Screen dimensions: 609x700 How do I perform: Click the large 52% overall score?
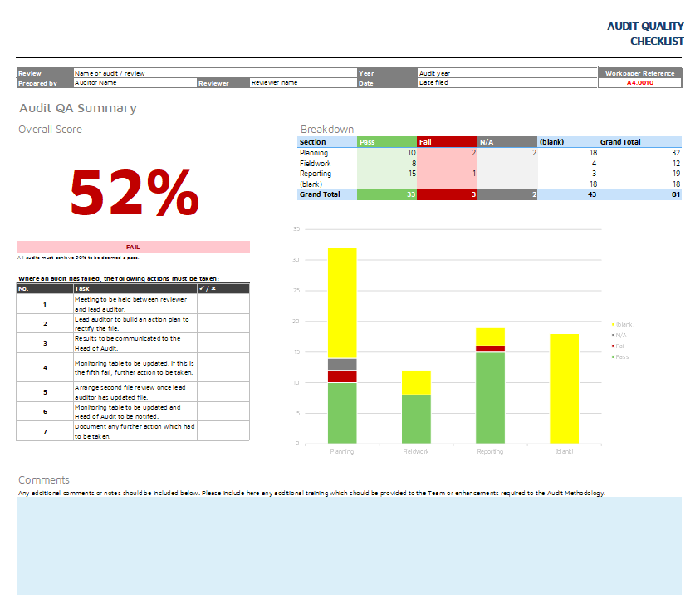pyautogui.click(x=134, y=193)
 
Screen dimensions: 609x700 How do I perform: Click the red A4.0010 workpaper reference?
pyautogui.click(x=639, y=83)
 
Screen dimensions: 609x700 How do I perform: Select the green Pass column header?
pyautogui.click(x=386, y=142)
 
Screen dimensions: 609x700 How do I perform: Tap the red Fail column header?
pyautogui.click(x=447, y=142)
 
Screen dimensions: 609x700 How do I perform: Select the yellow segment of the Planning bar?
pyautogui.click(x=342, y=303)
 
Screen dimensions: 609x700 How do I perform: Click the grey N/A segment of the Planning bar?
pyautogui.click(x=342, y=364)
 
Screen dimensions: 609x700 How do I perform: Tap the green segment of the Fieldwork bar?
pyautogui.click(x=416, y=419)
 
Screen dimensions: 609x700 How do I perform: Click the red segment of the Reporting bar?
pyautogui.click(x=490, y=349)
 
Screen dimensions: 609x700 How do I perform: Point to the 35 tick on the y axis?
pyautogui.click(x=296, y=228)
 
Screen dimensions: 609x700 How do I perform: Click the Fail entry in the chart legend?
pyautogui.click(x=619, y=345)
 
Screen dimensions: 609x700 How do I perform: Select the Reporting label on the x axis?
pyautogui.click(x=490, y=452)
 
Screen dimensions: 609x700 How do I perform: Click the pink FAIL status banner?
pyautogui.click(x=133, y=247)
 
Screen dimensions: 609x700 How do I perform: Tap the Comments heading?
pyautogui.click(x=44, y=479)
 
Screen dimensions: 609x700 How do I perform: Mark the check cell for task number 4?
pyautogui.click(x=223, y=367)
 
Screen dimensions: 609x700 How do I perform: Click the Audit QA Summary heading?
pyautogui.click(x=78, y=108)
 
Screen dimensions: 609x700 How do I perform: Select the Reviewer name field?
pyautogui.click(x=303, y=83)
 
